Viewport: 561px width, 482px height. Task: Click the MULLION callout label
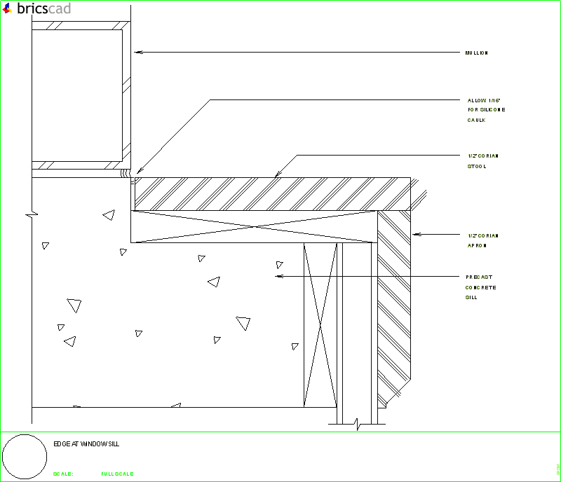(x=476, y=53)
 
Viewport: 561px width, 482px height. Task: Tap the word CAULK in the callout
(x=477, y=120)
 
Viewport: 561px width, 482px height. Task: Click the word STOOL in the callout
(x=477, y=166)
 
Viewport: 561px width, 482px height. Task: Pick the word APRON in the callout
(x=478, y=245)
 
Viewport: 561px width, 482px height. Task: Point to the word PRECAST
(x=480, y=277)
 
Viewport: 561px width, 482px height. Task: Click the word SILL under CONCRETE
(x=471, y=297)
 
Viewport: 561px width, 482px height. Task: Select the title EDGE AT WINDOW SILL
(x=86, y=444)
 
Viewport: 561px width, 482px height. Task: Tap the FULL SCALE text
(x=117, y=474)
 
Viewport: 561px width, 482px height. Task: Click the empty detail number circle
(x=26, y=456)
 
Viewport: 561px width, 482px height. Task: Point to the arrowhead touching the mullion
(x=137, y=52)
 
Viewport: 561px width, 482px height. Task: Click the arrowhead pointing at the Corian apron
(x=415, y=234)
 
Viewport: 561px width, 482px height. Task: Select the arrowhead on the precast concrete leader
(x=278, y=277)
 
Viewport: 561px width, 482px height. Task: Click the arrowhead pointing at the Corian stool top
(x=278, y=174)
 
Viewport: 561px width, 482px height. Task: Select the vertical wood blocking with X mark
(x=319, y=325)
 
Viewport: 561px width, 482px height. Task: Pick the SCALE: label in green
(x=63, y=474)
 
